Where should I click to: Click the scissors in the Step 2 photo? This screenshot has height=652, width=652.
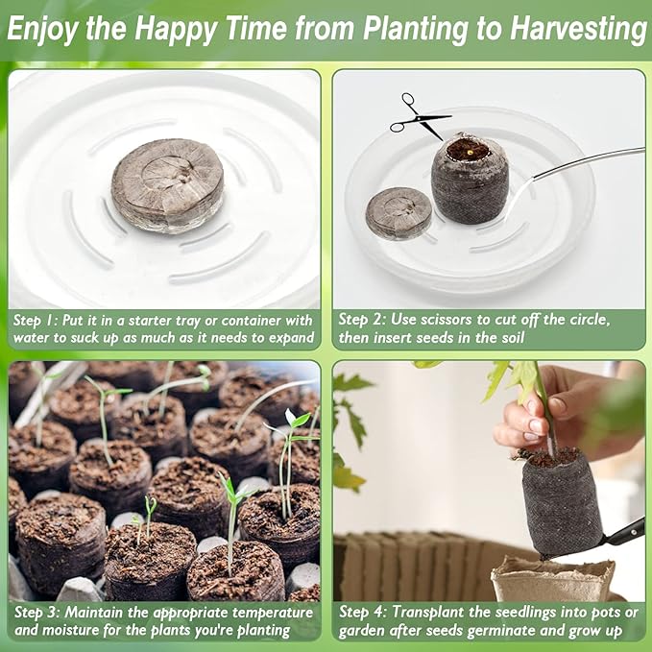418,116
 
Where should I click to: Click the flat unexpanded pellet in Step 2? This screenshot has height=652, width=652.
398,212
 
